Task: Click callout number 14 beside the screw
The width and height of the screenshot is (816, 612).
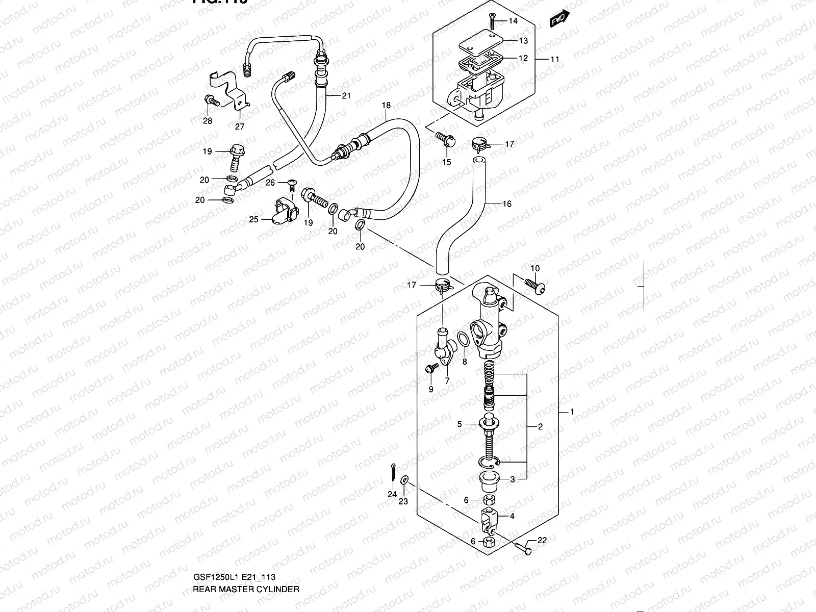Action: pyautogui.click(x=513, y=21)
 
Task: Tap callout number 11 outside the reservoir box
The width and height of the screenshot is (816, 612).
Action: pyautogui.click(x=555, y=59)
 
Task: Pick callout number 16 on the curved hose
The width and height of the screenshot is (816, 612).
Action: pyautogui.click(x=506, y=204)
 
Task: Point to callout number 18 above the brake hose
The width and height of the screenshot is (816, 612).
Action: pyautogui.click(x=386, y=106)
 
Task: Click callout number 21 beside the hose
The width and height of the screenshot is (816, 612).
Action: pyautogui.click(x=346, y=95)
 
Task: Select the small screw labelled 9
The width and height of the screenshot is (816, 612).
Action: pyautogui.click(x=431, y=367)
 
